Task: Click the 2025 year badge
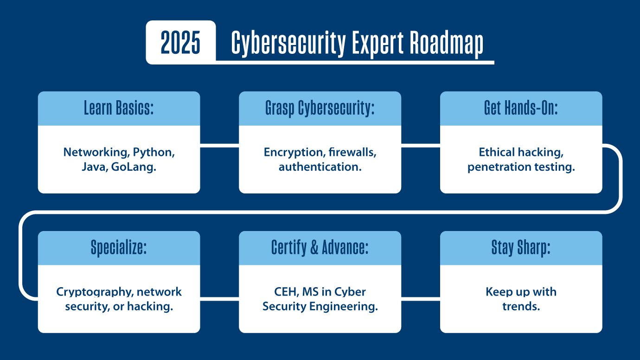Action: [x=180, y=42]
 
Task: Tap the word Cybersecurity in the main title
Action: [x=288, y=43]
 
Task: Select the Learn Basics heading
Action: [x=119, y=108]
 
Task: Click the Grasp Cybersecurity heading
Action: [x=320, y=108]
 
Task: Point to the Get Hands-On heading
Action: [x=521, y=108]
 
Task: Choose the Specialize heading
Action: [x=119, y=248]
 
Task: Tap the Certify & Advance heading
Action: [x=320, y=247]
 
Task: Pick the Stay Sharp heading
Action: [x=521, y=248]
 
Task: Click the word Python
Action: [x=154, y=153]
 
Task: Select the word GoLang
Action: [x=134, y=167]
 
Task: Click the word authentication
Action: [x=320, y=167]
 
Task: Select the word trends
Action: [x=521, y=307]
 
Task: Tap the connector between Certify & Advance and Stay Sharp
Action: [x=421, y=299]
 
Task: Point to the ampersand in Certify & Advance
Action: [x=314, y=247]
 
